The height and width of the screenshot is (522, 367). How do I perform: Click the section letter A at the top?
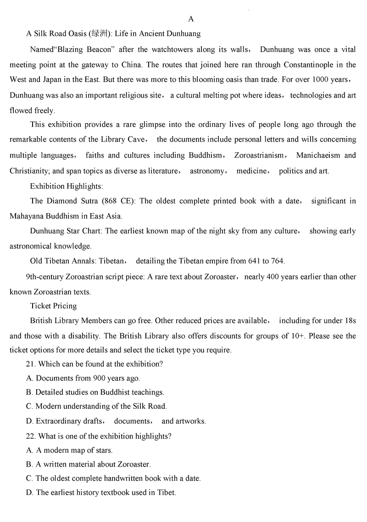(x=191, y=19)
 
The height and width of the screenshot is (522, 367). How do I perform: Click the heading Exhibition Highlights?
(x=67, y=186)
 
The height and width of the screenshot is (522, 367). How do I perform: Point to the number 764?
(x=277, y=261)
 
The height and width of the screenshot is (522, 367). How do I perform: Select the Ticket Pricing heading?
(x=53, y=306)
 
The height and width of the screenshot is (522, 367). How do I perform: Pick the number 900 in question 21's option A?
(x=99, y=379)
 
